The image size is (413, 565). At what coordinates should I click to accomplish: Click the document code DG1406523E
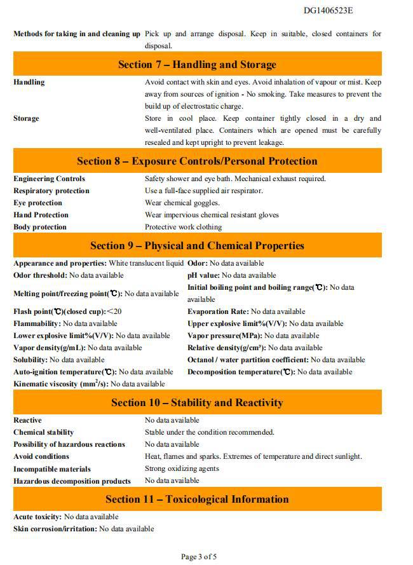328,10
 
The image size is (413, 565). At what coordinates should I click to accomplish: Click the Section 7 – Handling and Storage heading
197,64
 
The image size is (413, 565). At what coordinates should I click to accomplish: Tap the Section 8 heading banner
197,161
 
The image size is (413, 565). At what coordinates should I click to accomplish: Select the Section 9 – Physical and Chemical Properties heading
197,246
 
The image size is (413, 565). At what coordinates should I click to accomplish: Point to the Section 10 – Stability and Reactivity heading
197,403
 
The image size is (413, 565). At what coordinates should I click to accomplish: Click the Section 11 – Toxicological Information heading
197,500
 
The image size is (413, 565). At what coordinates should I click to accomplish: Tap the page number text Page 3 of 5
199,557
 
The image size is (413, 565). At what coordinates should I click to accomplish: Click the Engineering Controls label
49,179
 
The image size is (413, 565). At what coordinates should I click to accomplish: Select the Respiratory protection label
51,191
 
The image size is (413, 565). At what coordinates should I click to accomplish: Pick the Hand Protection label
41,215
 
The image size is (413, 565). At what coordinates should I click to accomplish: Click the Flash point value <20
114,311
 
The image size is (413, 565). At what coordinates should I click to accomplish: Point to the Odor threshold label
40,275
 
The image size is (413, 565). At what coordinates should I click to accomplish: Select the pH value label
203,275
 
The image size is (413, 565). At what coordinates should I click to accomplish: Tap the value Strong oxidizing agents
182,468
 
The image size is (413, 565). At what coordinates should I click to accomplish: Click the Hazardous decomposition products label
72,481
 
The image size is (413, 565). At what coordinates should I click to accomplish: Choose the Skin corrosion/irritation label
55,529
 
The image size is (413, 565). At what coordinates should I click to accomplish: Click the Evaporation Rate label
218,311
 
